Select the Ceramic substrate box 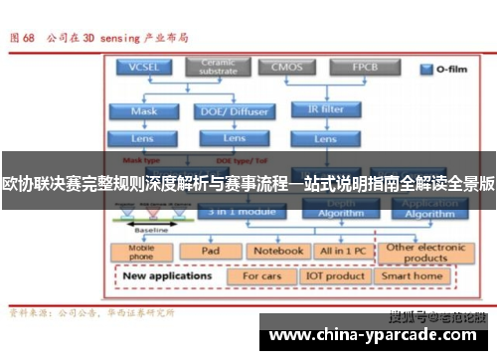tap(217, 68)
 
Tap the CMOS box tap(287, 68)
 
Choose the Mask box tap(143, 110)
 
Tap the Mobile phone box tap(142, 251)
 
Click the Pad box tap(211, 251)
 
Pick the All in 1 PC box tap(341, 251)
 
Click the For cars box tap(261, 275)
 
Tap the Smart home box tap(412, 275)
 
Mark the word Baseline tap(151, 230)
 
